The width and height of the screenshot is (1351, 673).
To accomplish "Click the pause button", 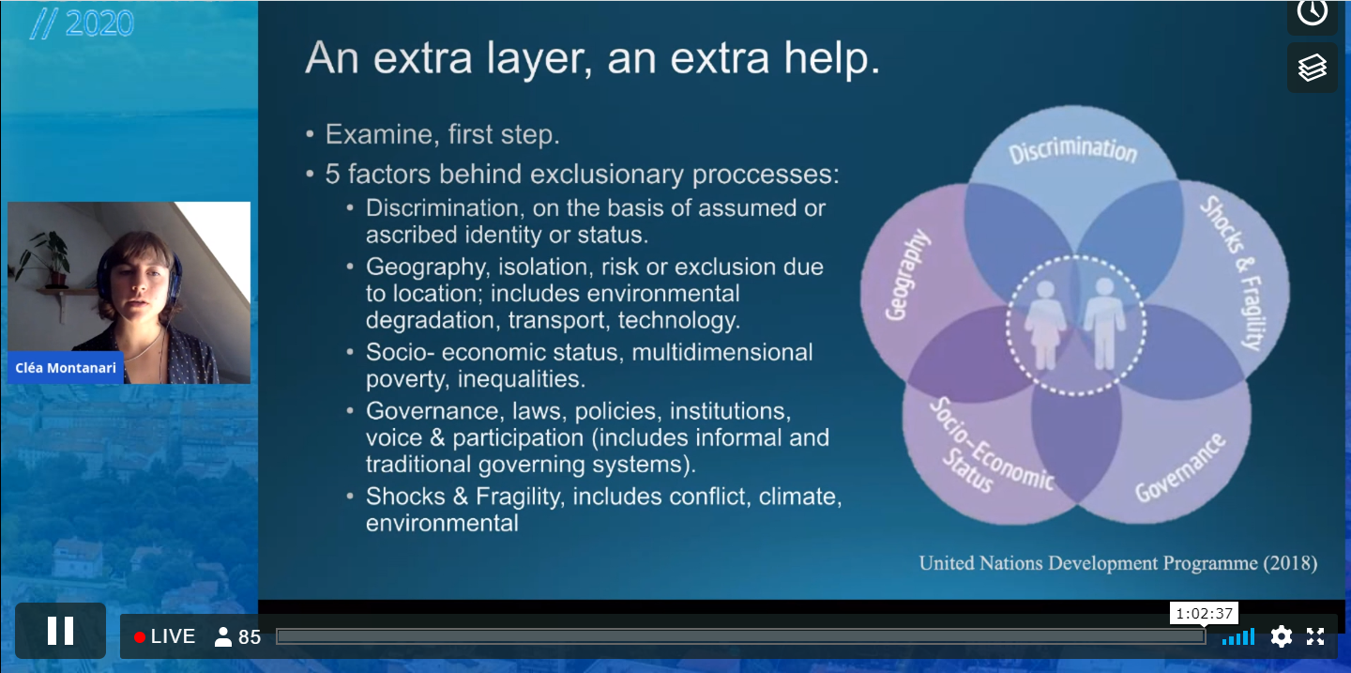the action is coord(60,631).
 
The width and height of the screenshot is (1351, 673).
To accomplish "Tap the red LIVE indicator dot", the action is coord(140,637).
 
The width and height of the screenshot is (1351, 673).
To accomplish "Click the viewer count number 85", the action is coord(250,637).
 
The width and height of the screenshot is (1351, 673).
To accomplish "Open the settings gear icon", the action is coord(1281,636).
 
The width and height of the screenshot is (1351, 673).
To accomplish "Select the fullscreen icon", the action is coord(1315,636).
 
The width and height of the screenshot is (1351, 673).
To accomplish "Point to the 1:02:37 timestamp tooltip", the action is coord(1204,614).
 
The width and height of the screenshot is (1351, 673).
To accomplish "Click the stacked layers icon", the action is coord(1313,68).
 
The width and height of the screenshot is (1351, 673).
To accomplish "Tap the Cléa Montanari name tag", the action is coord(65,368).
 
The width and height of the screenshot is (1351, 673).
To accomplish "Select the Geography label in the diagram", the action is coord(906,275).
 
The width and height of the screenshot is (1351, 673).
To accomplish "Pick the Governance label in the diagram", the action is coord(1180,468).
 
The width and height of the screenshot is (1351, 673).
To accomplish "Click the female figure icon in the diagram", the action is coord(1045,326).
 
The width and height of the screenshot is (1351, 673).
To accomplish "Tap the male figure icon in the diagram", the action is coord(1103,324).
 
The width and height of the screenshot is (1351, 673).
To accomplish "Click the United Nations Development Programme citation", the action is coord(1117,563).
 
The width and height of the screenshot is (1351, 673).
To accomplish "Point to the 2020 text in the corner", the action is coord(99,24).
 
